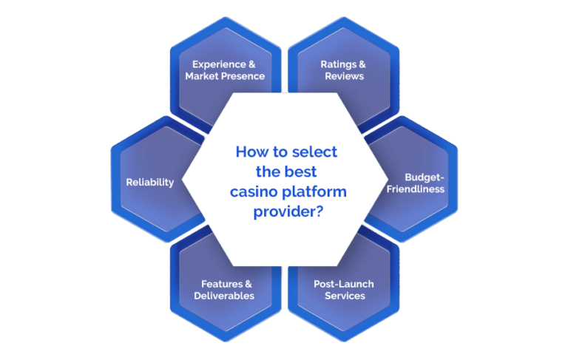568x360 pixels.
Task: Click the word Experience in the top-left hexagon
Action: pyautogui.click(x=219, y=65)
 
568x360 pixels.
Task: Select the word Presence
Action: pyautogui.click(x=243, y=76)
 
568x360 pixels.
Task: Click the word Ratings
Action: pyautogui.click(x=339, y=65)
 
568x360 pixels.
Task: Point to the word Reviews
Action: pyautogui.click(x=344, y=76)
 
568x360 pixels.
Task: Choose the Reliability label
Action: pyautogui.click(x=150, y=182)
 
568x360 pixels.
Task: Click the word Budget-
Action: pyautogui.click(x=425, y=177)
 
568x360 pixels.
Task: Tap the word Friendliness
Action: pyautogui.click(x=415, y=189)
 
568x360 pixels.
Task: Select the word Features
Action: pyautogui.click(x=222, y=284)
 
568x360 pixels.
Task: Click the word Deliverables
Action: pyautogui.click(x=224, y=296)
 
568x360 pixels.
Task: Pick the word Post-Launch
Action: pyautogui.click(x=344, y=284)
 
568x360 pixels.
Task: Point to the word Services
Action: pyautogui.click(x=345, y=296)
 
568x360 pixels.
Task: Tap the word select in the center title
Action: pyautogui.click(x=314, y=152)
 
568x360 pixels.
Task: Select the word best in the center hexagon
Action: pyautogui.click(x=300, y=171)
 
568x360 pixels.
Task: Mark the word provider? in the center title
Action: pyautogui.click(x=288, y=212)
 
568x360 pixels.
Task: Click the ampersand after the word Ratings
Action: pyautogui.click(x=362, y=64)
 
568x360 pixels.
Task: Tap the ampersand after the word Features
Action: pyautogui.click(x=248, y=284)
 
